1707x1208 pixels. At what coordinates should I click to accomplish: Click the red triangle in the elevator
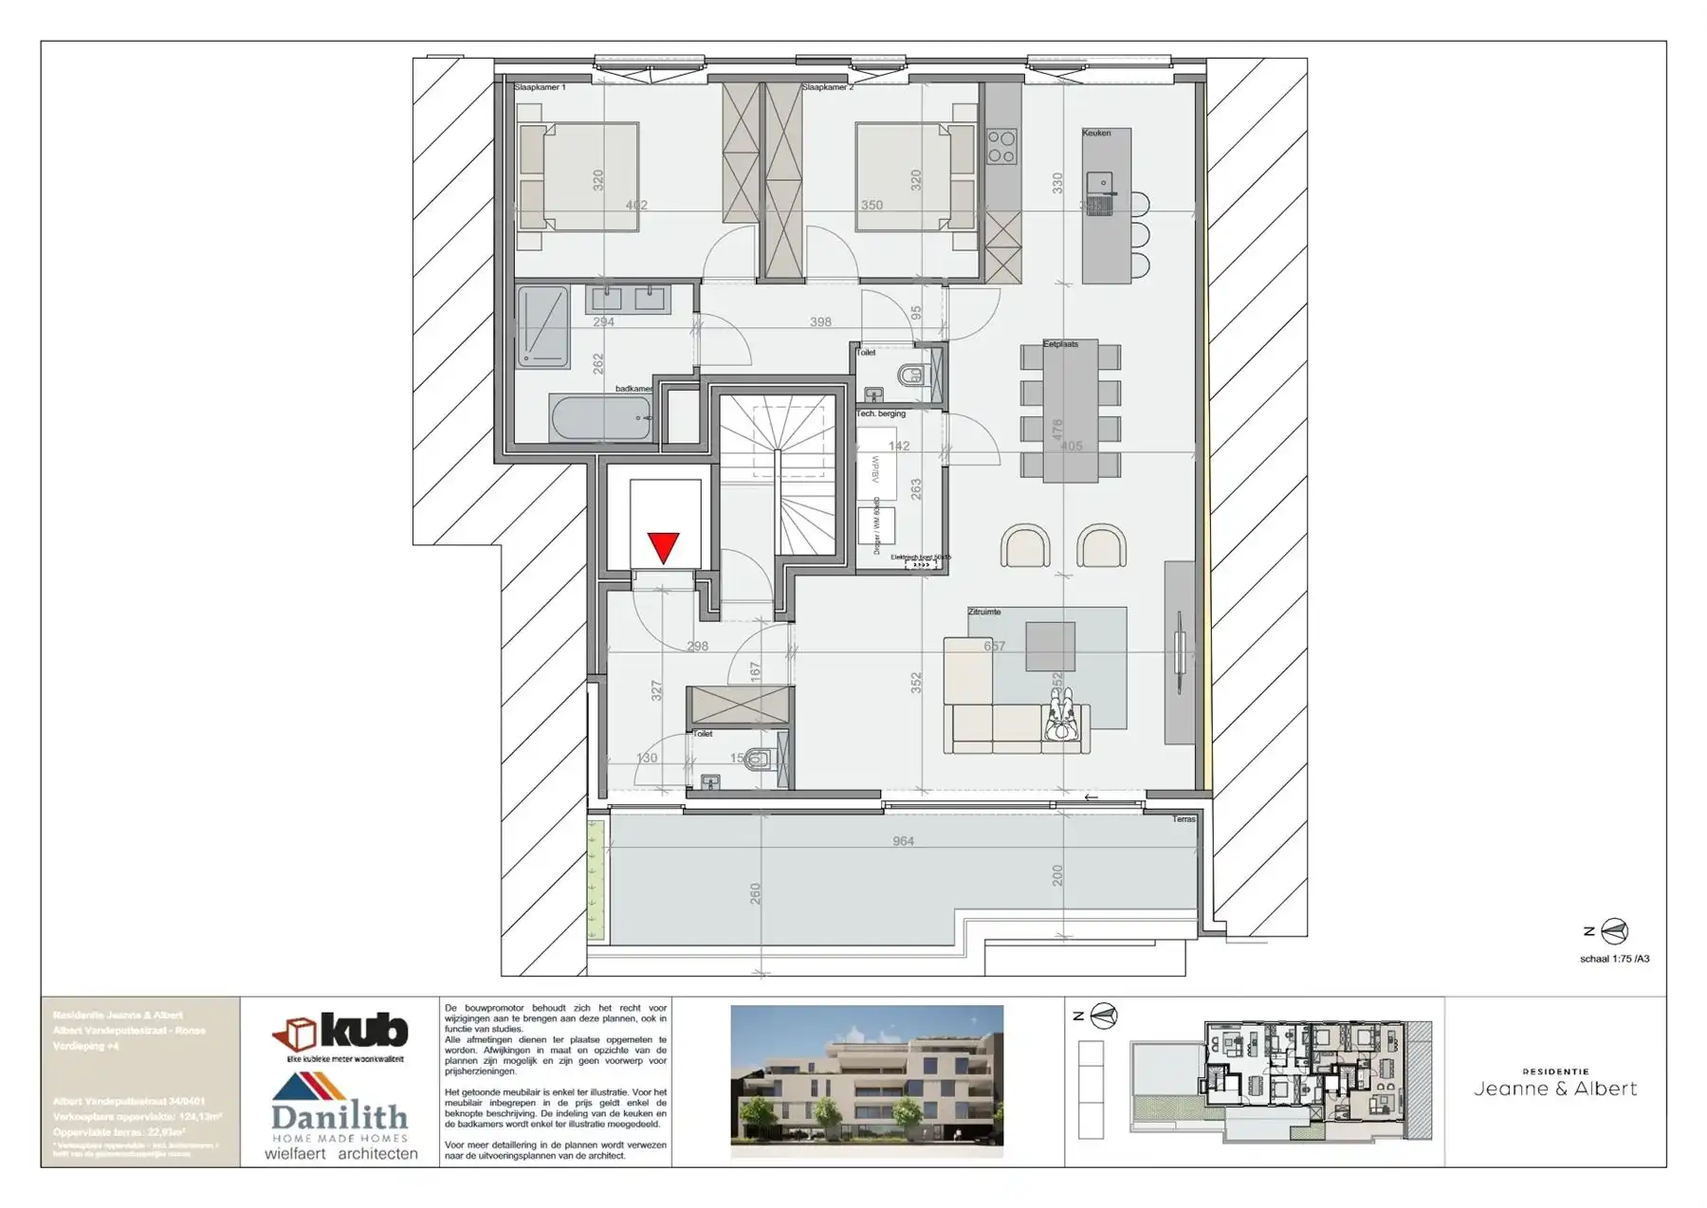[x=663, y=547]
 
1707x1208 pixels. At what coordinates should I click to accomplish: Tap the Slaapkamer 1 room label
[x=540, y=87]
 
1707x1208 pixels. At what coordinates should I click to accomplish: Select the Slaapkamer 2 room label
[x=827, y=87]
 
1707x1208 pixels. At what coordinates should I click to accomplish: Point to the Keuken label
[x=1096, y=133]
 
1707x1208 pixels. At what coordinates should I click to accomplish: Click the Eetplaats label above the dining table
[x=1060, y=344]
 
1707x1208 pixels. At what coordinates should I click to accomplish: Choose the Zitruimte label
[x=983, y=612]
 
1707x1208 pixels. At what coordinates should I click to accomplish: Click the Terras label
[x=1184, y=818]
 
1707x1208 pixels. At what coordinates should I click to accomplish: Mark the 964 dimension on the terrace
[x=903, y=841]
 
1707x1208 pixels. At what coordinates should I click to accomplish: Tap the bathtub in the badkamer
[x=601, y=418]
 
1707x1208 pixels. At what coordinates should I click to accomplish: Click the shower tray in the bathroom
[x=543, y=327]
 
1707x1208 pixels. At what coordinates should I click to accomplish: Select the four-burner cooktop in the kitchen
[x=1001, y=148]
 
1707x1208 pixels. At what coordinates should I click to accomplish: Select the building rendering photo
[x=867, y=1081]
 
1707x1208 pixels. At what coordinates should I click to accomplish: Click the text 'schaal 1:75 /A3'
[x=1614, y=959]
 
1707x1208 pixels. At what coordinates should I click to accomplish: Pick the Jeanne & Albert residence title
[x=1555, y=1089]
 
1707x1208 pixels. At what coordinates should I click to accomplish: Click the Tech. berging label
[x=881, y=413]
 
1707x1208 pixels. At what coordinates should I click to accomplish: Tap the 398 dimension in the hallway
[x=820, y=322]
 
